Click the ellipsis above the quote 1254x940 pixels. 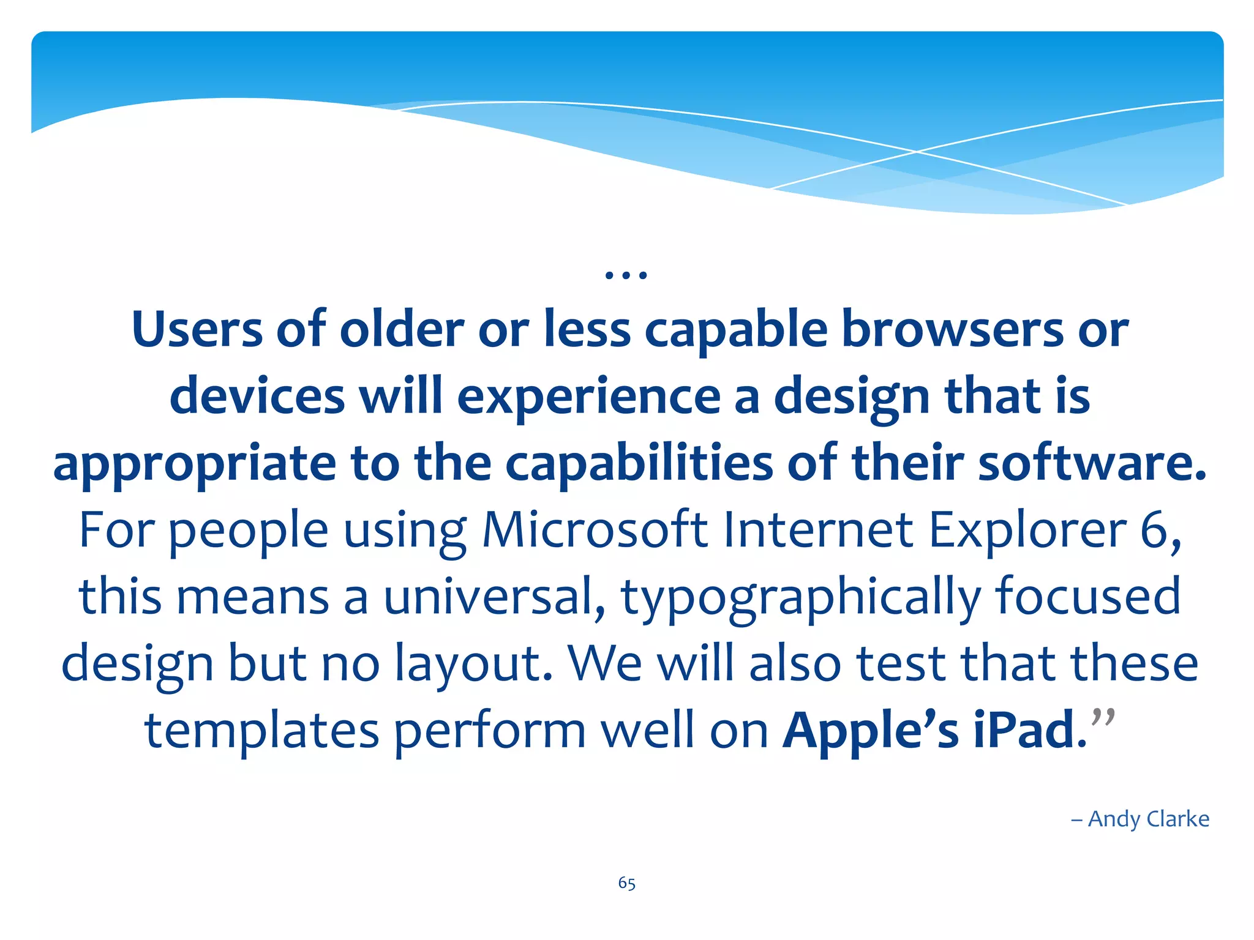(x=626, y=275)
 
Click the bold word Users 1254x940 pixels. (x=197, y=330)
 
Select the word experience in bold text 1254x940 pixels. (x=589, y=397)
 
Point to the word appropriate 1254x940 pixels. (x=195, y=464)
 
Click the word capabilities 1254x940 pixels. (x=639, y=463)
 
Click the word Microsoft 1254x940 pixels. (x=595, y=530)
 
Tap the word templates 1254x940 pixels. (x=262, y=731)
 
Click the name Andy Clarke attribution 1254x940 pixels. (x=1148, y=819)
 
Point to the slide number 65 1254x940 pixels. (x=626, y=883)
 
